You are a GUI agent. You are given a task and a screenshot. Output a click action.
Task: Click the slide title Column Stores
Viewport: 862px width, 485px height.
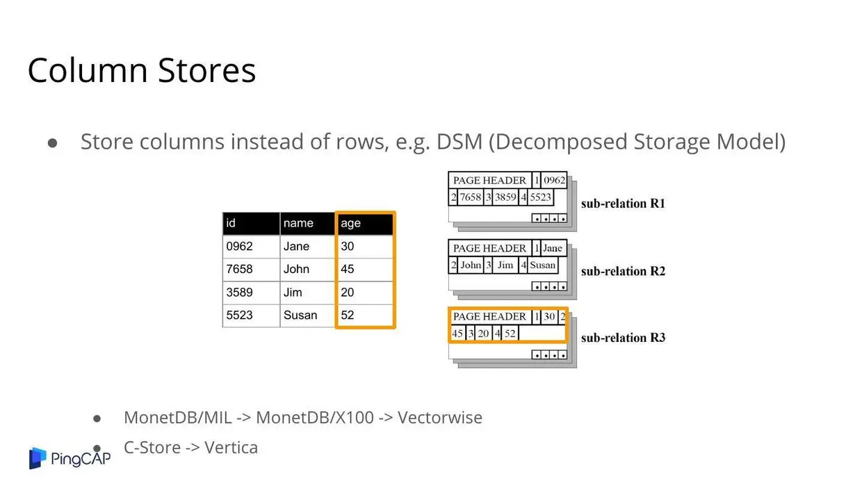point(142,71)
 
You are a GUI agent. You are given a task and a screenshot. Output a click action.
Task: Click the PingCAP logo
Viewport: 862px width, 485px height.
point(70,458)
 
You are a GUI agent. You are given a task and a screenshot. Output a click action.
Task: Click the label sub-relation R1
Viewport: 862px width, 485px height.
point(623,204)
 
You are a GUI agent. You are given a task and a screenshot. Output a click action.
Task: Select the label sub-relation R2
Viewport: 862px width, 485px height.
point(623,271)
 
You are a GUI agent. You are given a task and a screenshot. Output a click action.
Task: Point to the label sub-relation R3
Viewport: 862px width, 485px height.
point(623,338)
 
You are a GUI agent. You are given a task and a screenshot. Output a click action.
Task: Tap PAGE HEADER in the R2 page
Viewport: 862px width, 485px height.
point(489,248)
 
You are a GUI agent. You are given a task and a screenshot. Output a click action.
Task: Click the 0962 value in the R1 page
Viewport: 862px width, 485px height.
point(555,180)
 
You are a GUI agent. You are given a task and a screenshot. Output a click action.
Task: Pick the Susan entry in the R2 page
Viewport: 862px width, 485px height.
point(542,265)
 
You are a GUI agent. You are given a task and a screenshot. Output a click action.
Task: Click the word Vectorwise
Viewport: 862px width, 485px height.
point(440,418)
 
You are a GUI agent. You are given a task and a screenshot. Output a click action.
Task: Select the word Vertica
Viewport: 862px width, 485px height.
point(231,447)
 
